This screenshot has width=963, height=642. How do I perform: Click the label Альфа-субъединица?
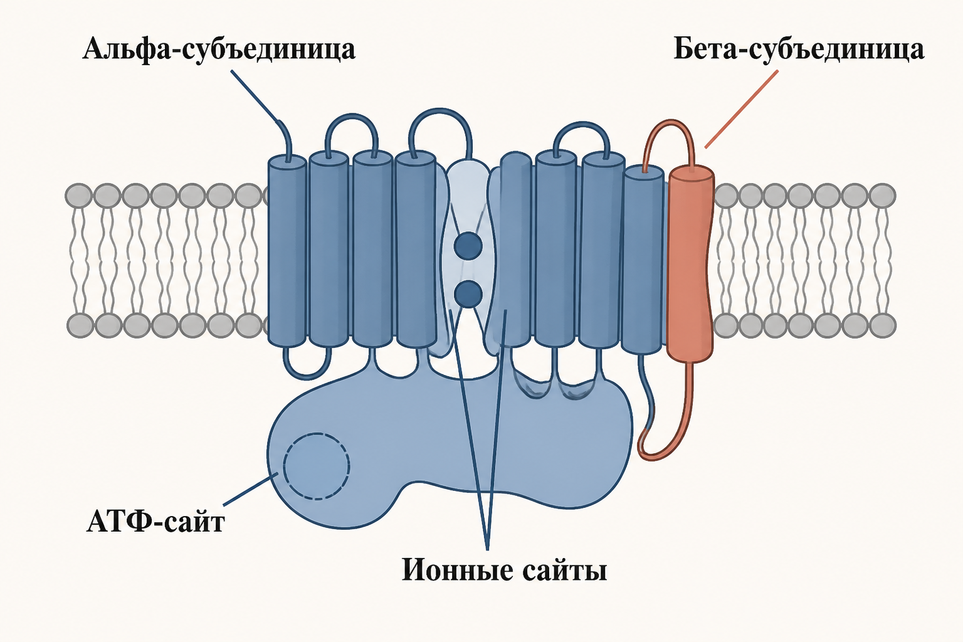[219, 50]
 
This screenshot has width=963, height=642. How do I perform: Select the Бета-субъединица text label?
[798, 50]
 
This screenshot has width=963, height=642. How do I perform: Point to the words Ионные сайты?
[504, 570]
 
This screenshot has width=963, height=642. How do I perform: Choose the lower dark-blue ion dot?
[468, 293]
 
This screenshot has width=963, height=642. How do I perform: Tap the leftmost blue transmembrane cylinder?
[287, 251]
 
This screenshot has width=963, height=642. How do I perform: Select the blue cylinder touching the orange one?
[643, 260]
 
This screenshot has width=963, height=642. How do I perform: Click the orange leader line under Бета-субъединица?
[741, 109]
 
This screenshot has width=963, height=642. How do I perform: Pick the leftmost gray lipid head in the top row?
[78, 196]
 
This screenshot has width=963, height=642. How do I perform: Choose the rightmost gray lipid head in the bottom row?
[883, 325]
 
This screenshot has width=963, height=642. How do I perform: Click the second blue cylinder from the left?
[329, 250]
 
